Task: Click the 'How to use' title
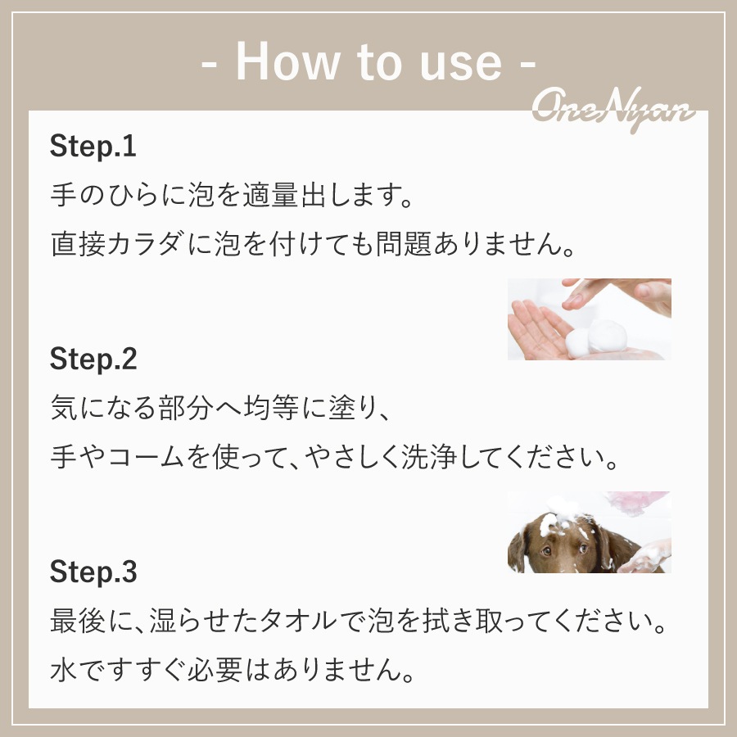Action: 368,62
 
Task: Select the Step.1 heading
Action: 93,147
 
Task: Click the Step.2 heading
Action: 93,359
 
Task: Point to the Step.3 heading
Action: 93,572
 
